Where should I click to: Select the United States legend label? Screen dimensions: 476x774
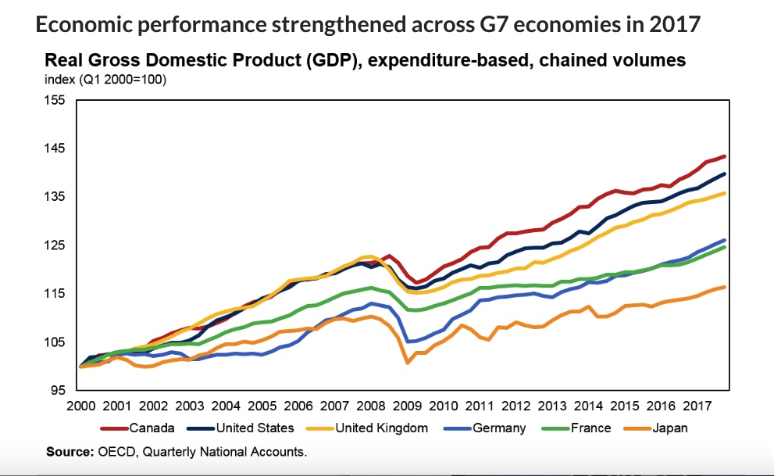pos(255,428)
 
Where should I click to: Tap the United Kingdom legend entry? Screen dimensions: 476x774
pos(381,428)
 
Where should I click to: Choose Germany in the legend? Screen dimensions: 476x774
pos(499,428)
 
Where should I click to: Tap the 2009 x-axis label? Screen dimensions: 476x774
pos(408,406)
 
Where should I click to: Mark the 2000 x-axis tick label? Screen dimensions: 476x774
pos(80,406)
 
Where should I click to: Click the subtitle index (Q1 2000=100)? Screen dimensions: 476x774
pos(105,79)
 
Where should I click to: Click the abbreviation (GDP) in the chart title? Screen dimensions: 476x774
pos(330,60)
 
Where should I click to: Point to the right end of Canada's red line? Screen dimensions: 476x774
pos(726,156)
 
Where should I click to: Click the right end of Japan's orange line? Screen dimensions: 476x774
pos(726,287)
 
